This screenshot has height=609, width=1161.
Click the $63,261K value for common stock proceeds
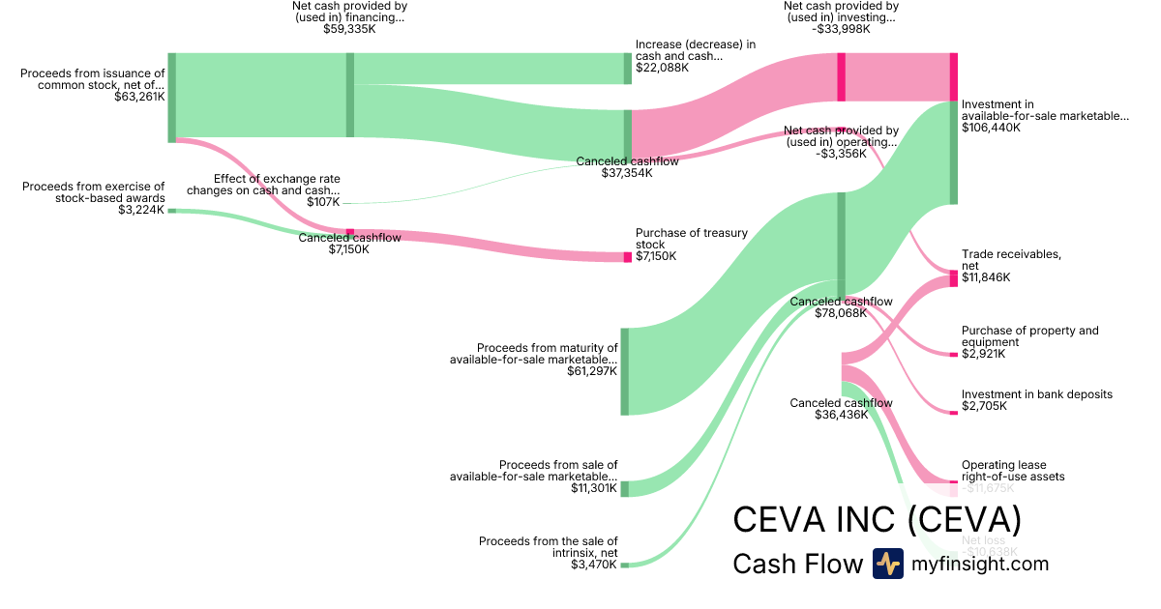139,97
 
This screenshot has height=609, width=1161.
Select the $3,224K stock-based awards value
141,210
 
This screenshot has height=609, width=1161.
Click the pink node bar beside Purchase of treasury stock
627,257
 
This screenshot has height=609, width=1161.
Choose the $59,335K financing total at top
349,30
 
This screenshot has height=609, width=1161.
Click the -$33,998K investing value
840,29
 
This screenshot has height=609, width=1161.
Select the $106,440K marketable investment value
991,128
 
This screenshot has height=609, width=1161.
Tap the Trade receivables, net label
1011,260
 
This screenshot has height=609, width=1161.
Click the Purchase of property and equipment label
1029,336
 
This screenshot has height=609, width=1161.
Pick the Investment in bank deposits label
1036,394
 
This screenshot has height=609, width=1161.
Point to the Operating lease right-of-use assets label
1012,471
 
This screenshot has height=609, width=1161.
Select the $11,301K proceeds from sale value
593,489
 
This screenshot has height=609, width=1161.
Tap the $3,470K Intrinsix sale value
593,565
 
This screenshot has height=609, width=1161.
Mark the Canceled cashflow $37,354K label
627,167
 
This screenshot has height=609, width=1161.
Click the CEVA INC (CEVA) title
877,519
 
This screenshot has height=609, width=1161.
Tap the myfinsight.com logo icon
887,564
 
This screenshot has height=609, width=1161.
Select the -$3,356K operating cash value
841,154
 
